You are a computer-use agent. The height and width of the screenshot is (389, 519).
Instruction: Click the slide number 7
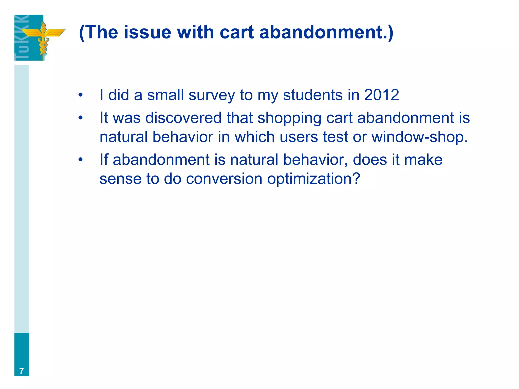(x=22, y=371)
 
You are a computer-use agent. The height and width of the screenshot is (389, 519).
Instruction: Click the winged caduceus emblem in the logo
(x=43, y=37)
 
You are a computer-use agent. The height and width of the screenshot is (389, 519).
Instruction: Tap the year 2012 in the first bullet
(x=381, y=95)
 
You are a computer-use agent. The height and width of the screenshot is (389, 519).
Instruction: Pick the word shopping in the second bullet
(x=289, y=118)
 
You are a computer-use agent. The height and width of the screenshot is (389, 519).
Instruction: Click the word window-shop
(x=419, y=137)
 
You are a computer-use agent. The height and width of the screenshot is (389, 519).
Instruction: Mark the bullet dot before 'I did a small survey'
(x=81, y=95)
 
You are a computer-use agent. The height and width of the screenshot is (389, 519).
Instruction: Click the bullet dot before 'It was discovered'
(x=81, y=118)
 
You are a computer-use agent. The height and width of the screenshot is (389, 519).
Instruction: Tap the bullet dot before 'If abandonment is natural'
(x=81, y=160)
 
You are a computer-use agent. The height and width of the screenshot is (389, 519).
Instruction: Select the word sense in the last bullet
(x=120, y=179)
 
